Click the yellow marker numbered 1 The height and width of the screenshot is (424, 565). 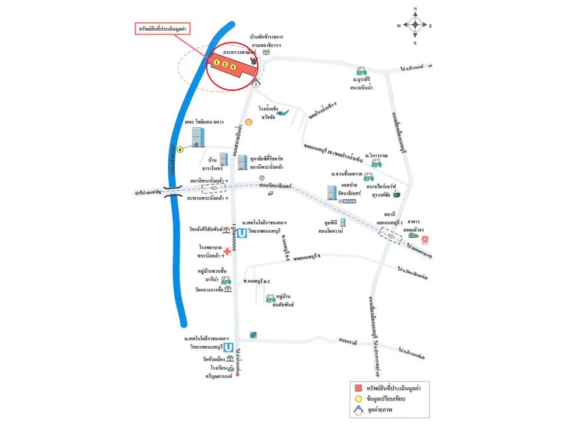217,62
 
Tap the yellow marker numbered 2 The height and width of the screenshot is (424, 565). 225,65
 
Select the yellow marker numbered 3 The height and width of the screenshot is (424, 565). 233,68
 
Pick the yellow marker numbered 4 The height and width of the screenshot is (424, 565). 181,150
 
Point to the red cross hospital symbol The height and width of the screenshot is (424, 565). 227,251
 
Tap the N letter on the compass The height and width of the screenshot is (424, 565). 416,9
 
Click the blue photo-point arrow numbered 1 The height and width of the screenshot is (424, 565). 256,84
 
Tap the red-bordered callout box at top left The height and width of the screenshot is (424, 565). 163,29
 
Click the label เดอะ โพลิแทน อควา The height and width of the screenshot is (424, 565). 200,126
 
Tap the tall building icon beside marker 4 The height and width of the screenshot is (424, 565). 197,138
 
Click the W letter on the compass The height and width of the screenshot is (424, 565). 399,26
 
